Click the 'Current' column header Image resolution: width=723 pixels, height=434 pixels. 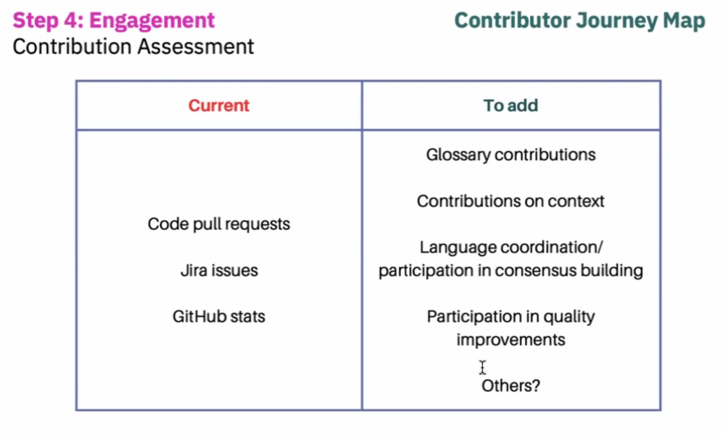coord(219,105)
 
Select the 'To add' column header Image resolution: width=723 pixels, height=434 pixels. coord(511,105)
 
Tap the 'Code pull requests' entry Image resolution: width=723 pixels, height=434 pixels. coord(219,224)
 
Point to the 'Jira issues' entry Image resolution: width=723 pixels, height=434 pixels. coord(219,270)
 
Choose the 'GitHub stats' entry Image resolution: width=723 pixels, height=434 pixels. coord(219,317)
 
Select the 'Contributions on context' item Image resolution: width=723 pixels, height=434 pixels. coord(511,201)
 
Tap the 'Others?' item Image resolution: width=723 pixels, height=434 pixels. coord(511,386)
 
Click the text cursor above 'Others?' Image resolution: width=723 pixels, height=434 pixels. coord(483,367)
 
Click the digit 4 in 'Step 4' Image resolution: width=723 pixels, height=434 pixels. coord(70,20)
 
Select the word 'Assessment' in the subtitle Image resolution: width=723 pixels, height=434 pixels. coord(196,47)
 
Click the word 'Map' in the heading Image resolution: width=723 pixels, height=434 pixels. coord(684,21)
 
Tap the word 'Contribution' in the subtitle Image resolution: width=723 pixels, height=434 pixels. coord(72,47)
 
